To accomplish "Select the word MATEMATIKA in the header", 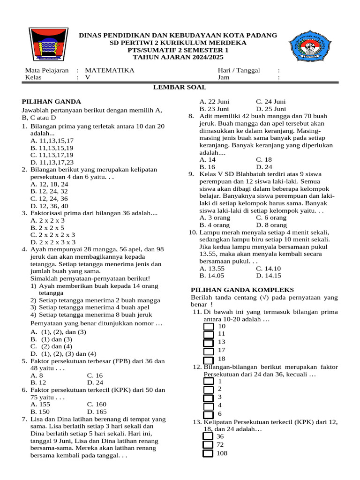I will [109, 70].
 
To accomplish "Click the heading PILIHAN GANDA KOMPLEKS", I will [243, 290].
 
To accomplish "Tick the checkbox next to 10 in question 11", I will [209, 326].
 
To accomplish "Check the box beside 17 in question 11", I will [209, 351].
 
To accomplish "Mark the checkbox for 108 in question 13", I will [208, 453].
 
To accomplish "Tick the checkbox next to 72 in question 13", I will [208, 445].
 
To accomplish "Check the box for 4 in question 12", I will [209, 406].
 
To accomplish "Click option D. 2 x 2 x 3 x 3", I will [53, 242].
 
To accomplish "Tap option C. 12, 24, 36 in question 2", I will [49, 198].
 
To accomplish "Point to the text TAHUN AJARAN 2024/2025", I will [178, 57].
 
